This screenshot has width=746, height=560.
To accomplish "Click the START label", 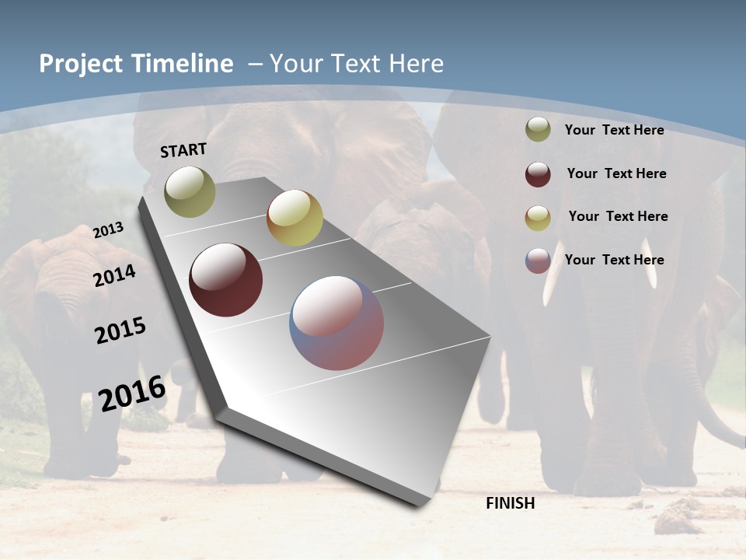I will (x=183, y=150).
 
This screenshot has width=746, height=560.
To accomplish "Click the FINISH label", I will (x=511, y=503).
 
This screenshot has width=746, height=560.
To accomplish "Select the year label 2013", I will (x=108, y=230).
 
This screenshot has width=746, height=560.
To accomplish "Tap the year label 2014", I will (x=115, y=276).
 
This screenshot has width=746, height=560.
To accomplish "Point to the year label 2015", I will (x=120, y=331).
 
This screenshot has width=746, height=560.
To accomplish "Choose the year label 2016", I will (x=132, y=393).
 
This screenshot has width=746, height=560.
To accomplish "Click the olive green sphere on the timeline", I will (x=190, y=191).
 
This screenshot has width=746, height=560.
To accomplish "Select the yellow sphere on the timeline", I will (x=295, y=218).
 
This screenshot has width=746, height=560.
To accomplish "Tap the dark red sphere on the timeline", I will (x=226, y=280).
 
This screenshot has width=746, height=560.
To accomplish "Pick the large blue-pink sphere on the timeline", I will (x=336, y=323).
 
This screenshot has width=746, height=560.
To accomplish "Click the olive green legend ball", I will (x=538, y=130).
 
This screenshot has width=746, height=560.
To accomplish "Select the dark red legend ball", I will (x=538, y=174).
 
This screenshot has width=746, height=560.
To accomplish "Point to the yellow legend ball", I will (x=538, y=218).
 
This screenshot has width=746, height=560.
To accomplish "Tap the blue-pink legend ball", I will (x=538, y=261).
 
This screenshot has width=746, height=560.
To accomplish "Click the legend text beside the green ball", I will (x=614, y=130).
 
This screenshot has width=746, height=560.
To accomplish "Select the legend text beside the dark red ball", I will (x=616, y=173).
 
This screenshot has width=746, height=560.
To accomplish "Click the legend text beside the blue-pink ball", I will (x=614, y=260).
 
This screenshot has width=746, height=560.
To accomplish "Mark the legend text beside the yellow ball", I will (x=618, y=216).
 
